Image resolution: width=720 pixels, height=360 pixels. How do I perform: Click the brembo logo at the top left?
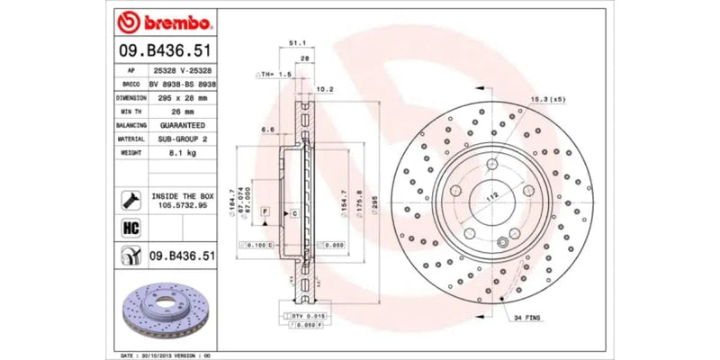click(166, 20)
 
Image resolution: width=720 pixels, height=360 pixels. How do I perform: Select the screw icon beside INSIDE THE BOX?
click(129, 200)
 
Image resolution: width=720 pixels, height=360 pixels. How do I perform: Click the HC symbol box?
click(129, 228)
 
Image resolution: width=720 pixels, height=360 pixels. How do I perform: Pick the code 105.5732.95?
click(182, 205)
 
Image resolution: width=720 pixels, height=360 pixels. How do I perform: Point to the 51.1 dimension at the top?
click(294, 42)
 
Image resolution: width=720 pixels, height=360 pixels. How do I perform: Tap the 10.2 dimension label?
click(326, 89)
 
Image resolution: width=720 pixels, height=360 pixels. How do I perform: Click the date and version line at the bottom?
click(166, 355)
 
